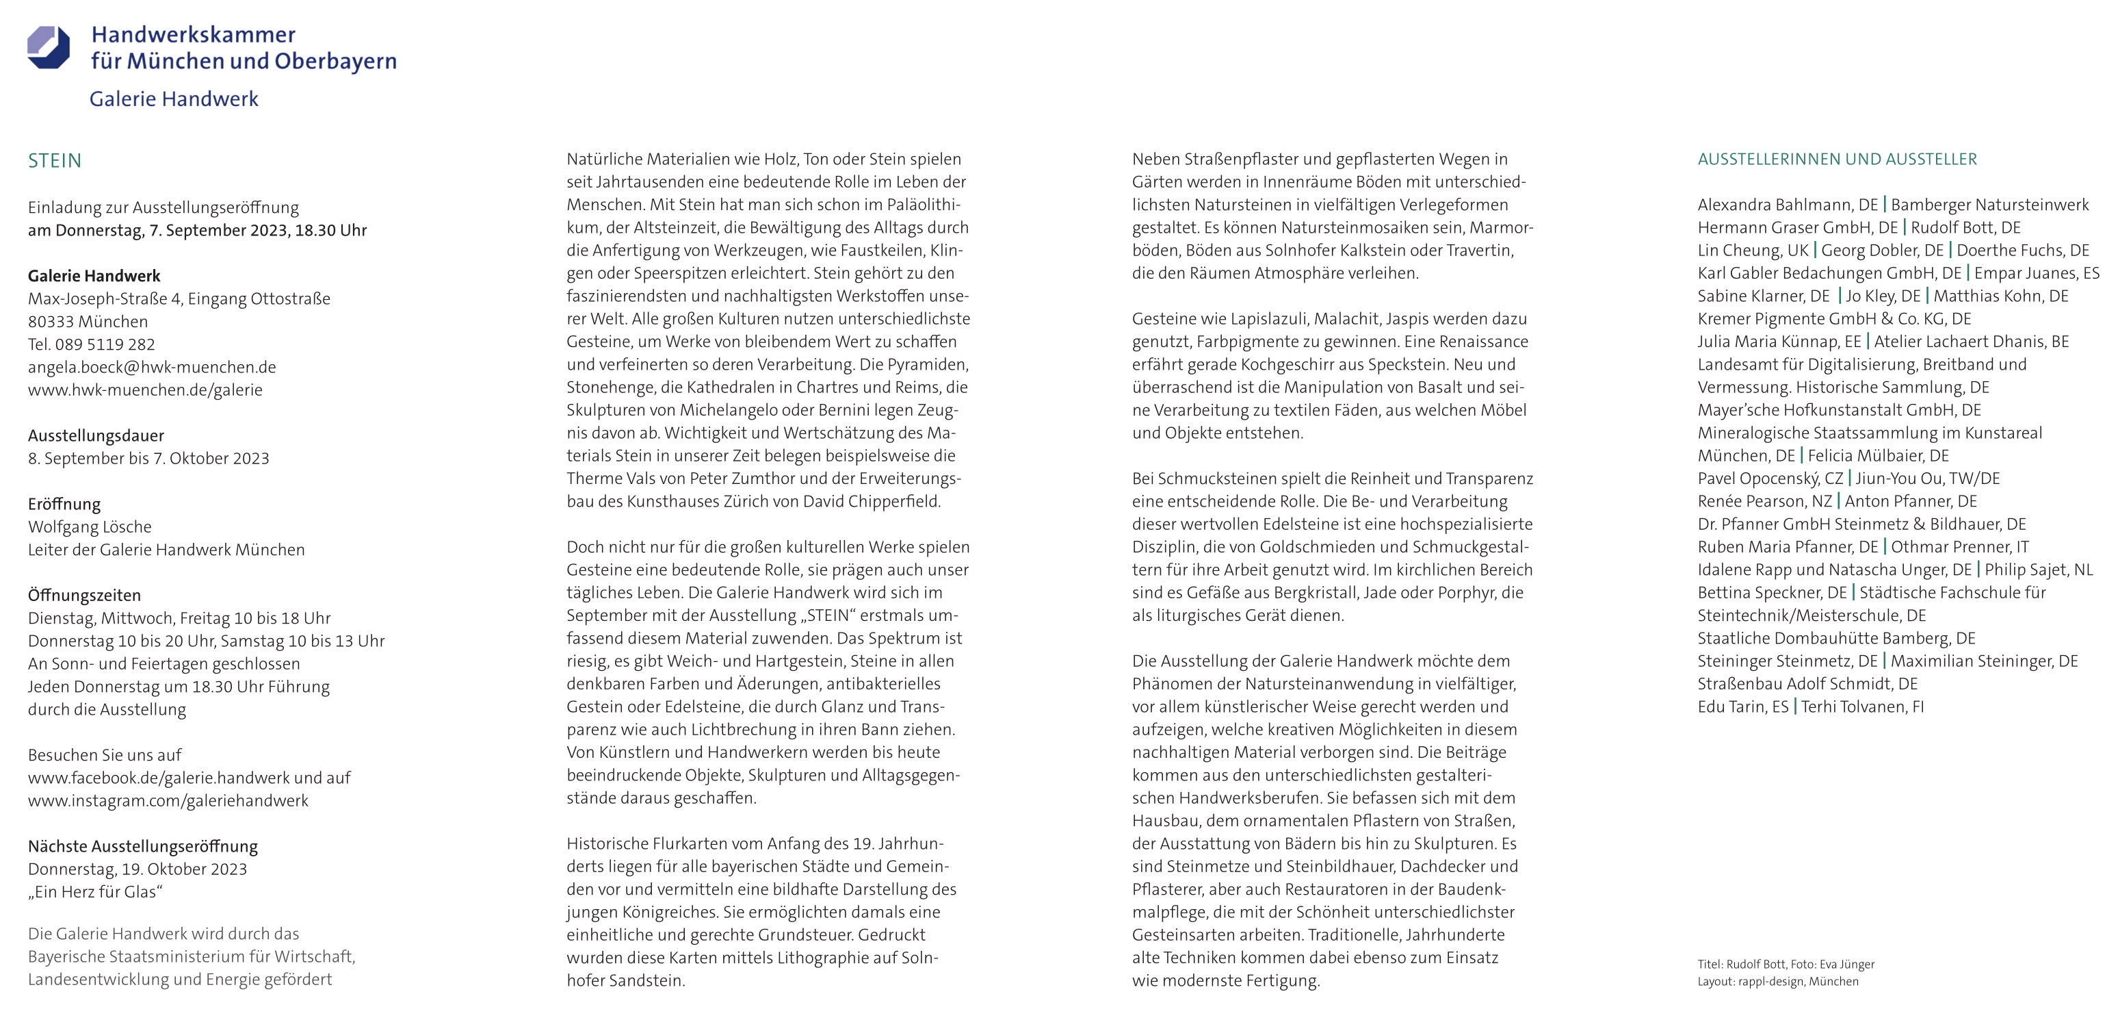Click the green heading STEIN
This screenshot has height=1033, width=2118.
pos(54,160)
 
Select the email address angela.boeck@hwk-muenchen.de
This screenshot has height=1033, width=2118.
pos(152,367)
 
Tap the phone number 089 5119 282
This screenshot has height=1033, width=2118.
pos(105,344)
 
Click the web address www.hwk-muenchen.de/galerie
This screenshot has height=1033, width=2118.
pos(146,390)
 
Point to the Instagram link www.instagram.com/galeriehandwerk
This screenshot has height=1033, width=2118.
pos(168,800)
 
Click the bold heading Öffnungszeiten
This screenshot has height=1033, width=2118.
pos(85,595)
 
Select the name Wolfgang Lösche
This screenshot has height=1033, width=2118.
pos(90,526)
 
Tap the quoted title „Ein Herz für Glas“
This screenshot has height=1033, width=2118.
pos(95,891)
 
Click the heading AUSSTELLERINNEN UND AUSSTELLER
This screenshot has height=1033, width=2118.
pos(1837,160)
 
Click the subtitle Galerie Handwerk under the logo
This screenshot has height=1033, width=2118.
pos(174,99)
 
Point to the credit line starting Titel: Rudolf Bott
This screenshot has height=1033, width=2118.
pos(1786,964)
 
